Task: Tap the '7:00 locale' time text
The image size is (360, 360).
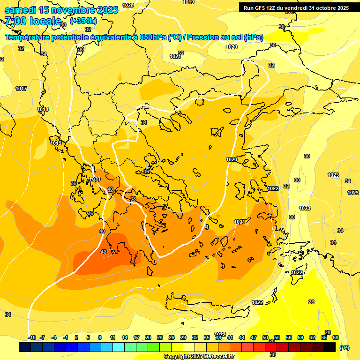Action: click(32, 21)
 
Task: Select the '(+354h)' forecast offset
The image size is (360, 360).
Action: click(83, 21)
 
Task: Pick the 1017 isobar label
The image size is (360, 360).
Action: click(21, 89)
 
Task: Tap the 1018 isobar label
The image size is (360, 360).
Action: click(43, 109)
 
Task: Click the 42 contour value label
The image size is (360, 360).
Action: click(104, 252)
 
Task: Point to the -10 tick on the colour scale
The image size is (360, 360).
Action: click(32, 337)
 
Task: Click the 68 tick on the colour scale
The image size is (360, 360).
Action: click(336, 337)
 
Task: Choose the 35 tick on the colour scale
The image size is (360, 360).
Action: click(207, 337)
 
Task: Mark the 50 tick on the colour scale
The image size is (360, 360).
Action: click(265, 337)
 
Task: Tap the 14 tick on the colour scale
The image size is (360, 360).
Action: click(125, 337)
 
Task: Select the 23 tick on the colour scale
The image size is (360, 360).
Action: click(160, 337)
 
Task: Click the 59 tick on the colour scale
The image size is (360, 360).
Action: click(300, 337)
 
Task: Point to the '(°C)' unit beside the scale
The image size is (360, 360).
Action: click(345, 348)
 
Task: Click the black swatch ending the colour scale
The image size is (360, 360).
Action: click(330, 347)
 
